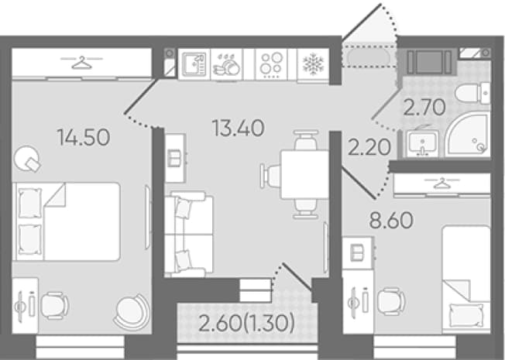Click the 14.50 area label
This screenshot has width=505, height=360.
(x=84, y=137)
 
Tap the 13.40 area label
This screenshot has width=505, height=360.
(x=239, y=128)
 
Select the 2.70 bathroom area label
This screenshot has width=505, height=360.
(x=424, y=108)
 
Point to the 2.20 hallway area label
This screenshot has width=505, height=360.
(x=369, y=147)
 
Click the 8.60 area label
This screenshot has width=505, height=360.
(x=391, y=221)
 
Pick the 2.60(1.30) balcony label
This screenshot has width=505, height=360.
(x=247, y=324)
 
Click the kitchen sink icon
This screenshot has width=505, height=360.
(x=194, y=64)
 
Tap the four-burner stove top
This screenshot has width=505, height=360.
(x=272, y=63)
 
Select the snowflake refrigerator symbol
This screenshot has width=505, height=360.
(x=313, y=63)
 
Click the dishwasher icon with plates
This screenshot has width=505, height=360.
(x=227, y=64)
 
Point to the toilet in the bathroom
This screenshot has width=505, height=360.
(x=472, y=93)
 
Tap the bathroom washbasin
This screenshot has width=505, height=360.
(x=422, y=144)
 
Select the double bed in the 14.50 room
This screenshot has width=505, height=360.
(x=67, y=221)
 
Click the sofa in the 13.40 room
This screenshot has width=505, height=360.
(x=189, y=234)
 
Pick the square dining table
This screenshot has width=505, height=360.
(x=304, y=175)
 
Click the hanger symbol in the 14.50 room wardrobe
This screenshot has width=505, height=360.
(x=81, y=63)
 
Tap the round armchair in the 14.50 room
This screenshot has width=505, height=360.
(x=132, y=311)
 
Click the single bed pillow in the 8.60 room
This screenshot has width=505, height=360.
(x=466, y=316)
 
